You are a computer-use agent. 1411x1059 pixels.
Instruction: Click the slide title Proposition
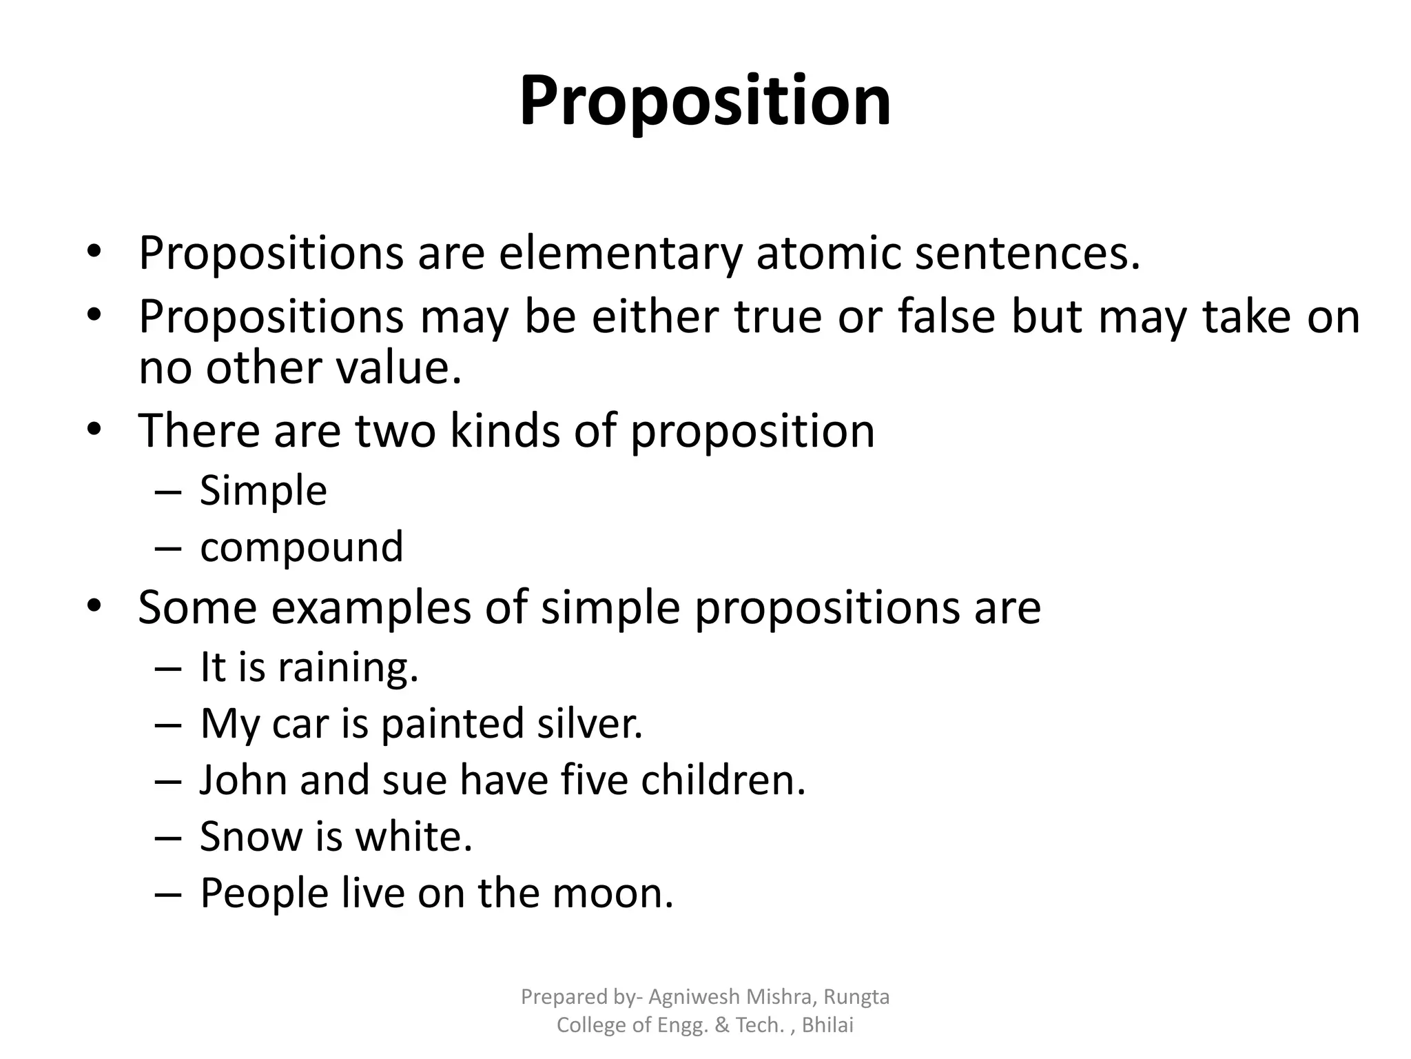coord(705,102)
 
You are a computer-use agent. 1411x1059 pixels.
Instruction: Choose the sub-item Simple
coord(263,491)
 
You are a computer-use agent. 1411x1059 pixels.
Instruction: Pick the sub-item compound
coord(301,547)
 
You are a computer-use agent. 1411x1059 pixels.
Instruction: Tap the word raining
coord(348,667)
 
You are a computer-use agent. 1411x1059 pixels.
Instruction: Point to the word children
coord(723,780)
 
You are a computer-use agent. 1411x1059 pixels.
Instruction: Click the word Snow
coord(251,836)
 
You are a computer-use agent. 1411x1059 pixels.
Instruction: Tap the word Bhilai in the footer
coord(827,1025)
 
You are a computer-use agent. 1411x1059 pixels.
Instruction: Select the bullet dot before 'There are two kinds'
coord(94,430)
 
